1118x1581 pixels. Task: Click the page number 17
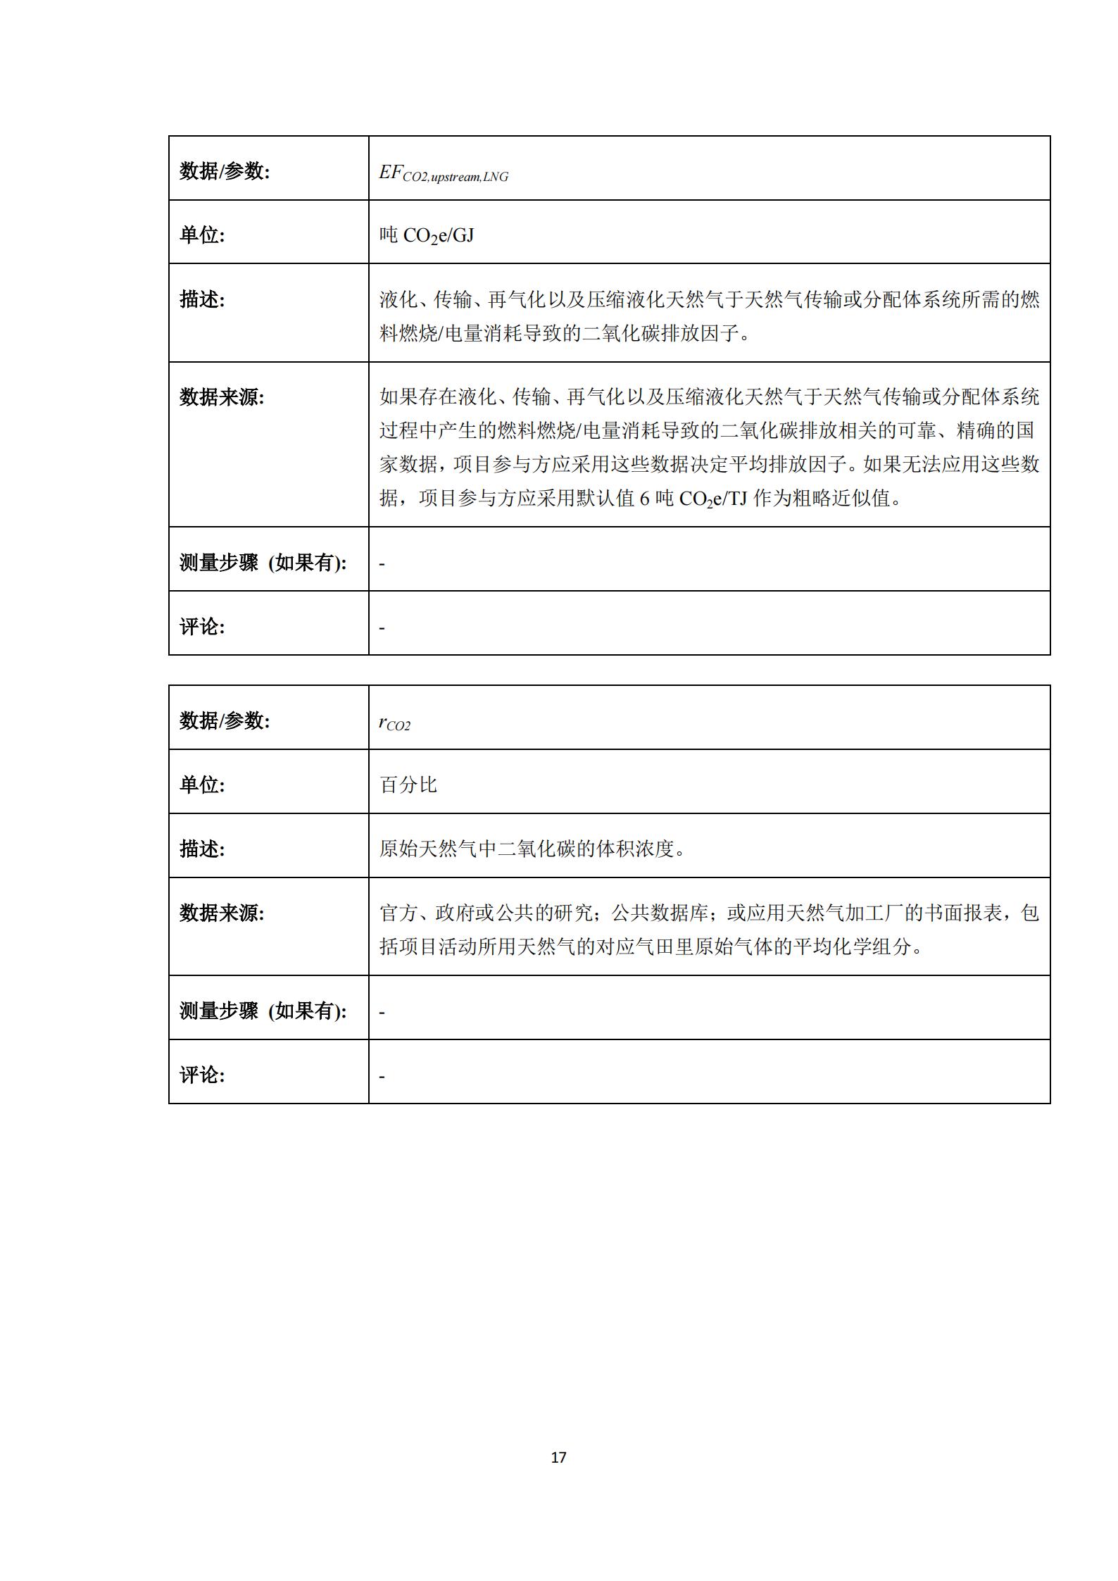558,1457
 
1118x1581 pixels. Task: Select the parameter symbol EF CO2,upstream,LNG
444,173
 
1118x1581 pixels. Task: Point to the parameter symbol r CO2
394,723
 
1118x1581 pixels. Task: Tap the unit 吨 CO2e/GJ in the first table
427,235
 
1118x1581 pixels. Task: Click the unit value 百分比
408,785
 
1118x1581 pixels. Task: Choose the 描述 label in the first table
202,299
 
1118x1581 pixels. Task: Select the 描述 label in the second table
202,849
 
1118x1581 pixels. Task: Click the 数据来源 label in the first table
222,397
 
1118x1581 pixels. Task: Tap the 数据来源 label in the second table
222,913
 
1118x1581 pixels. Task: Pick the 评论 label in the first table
202,626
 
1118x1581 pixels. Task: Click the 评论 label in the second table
202,1075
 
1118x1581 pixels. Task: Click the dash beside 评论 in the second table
382,1076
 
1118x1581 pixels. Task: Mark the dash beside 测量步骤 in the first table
382,564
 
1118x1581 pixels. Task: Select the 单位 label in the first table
202,235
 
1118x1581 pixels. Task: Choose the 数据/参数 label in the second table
225,720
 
